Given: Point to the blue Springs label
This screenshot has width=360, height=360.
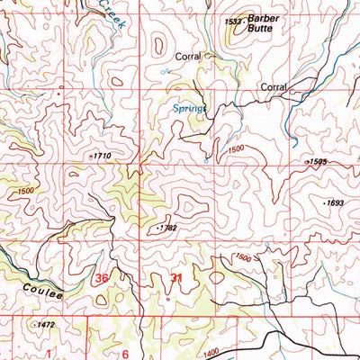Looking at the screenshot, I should click(x=189, y=107).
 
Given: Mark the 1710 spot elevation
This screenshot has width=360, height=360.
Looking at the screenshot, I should click(x=102, y=156).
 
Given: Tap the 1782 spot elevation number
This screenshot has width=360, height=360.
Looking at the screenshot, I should click(x=168, y=229).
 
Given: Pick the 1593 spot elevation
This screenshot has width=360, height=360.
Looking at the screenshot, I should click(x=335, y=203).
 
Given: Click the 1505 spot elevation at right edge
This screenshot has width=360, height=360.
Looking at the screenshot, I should click(x=316, y=162).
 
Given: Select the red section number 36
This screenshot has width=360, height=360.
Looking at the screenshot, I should click(x=102, y=279).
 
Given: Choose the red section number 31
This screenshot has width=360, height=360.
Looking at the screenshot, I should click(x=175, y=280).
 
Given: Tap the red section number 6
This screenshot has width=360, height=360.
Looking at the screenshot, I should click(x=126, y=354).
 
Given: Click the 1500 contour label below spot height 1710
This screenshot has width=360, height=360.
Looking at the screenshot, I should click(x=26, y=191).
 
